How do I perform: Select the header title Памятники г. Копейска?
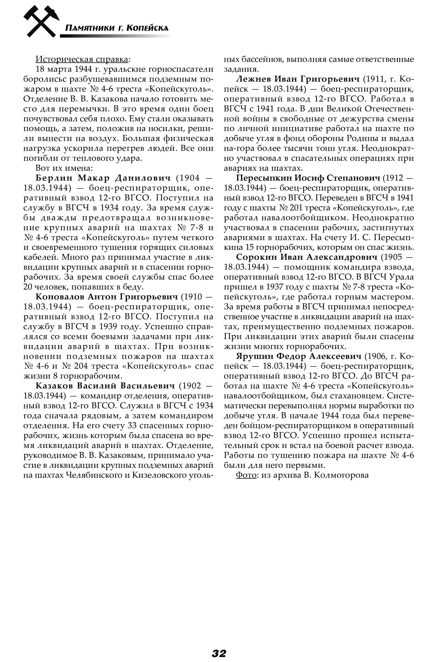(117, 28)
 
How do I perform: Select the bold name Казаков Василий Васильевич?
(105, 386)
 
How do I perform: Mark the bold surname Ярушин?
(254, 356)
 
